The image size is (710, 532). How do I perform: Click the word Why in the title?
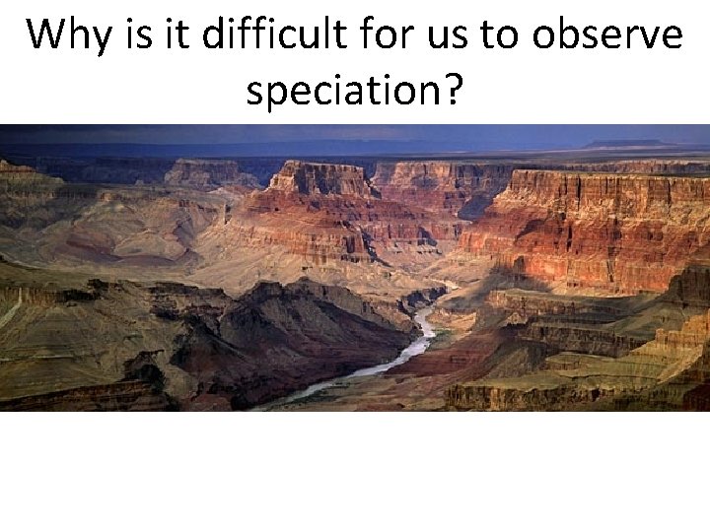pos(70,35)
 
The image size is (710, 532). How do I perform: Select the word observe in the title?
pos(604,35)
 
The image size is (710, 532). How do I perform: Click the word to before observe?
pos(506,35)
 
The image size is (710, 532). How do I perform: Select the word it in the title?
pos(177,35)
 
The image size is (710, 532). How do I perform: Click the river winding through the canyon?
pos(419,340)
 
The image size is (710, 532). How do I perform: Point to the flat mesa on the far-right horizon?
pos(631,144)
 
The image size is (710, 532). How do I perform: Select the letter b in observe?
pos(571,35)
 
